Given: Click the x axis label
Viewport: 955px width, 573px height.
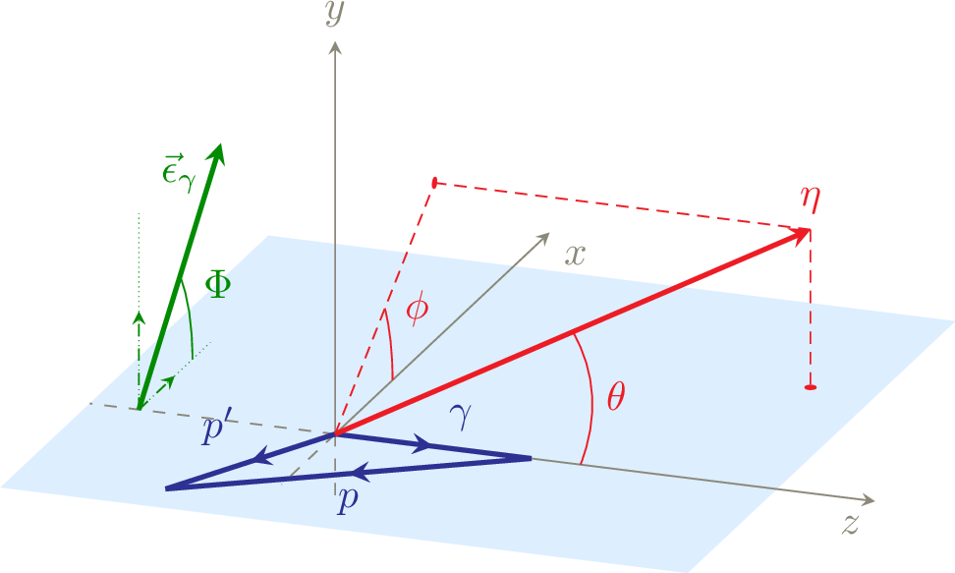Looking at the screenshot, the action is (575, 255).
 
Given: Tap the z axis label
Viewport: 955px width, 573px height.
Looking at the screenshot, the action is (851, 524).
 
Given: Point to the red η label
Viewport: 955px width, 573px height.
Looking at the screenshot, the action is (810, 200).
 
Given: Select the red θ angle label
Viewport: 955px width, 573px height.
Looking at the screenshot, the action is (616, 397).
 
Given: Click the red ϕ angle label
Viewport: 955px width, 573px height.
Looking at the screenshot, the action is (418, 309).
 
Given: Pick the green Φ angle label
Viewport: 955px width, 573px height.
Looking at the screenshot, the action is (218, 285).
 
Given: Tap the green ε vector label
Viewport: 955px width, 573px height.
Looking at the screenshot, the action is (178, 173).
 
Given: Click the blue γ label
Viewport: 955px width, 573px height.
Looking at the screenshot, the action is (461, 417).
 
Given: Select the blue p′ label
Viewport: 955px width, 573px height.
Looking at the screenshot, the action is (217, 429).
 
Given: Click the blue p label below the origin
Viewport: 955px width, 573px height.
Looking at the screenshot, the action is (348, 500).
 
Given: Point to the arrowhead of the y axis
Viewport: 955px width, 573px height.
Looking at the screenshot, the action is (334, 47).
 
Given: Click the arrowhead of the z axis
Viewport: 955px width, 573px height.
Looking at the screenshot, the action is (868, 500).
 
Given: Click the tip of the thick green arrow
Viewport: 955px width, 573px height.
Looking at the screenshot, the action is (220, 144).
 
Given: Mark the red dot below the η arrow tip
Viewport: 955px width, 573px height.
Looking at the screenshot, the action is (810, 387).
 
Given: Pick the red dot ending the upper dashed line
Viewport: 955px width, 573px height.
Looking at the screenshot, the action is (434, 182).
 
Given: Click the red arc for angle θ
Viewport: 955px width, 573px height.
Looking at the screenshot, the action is (592, 400).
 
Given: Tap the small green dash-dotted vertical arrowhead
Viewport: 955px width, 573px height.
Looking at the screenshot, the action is (139, 316).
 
